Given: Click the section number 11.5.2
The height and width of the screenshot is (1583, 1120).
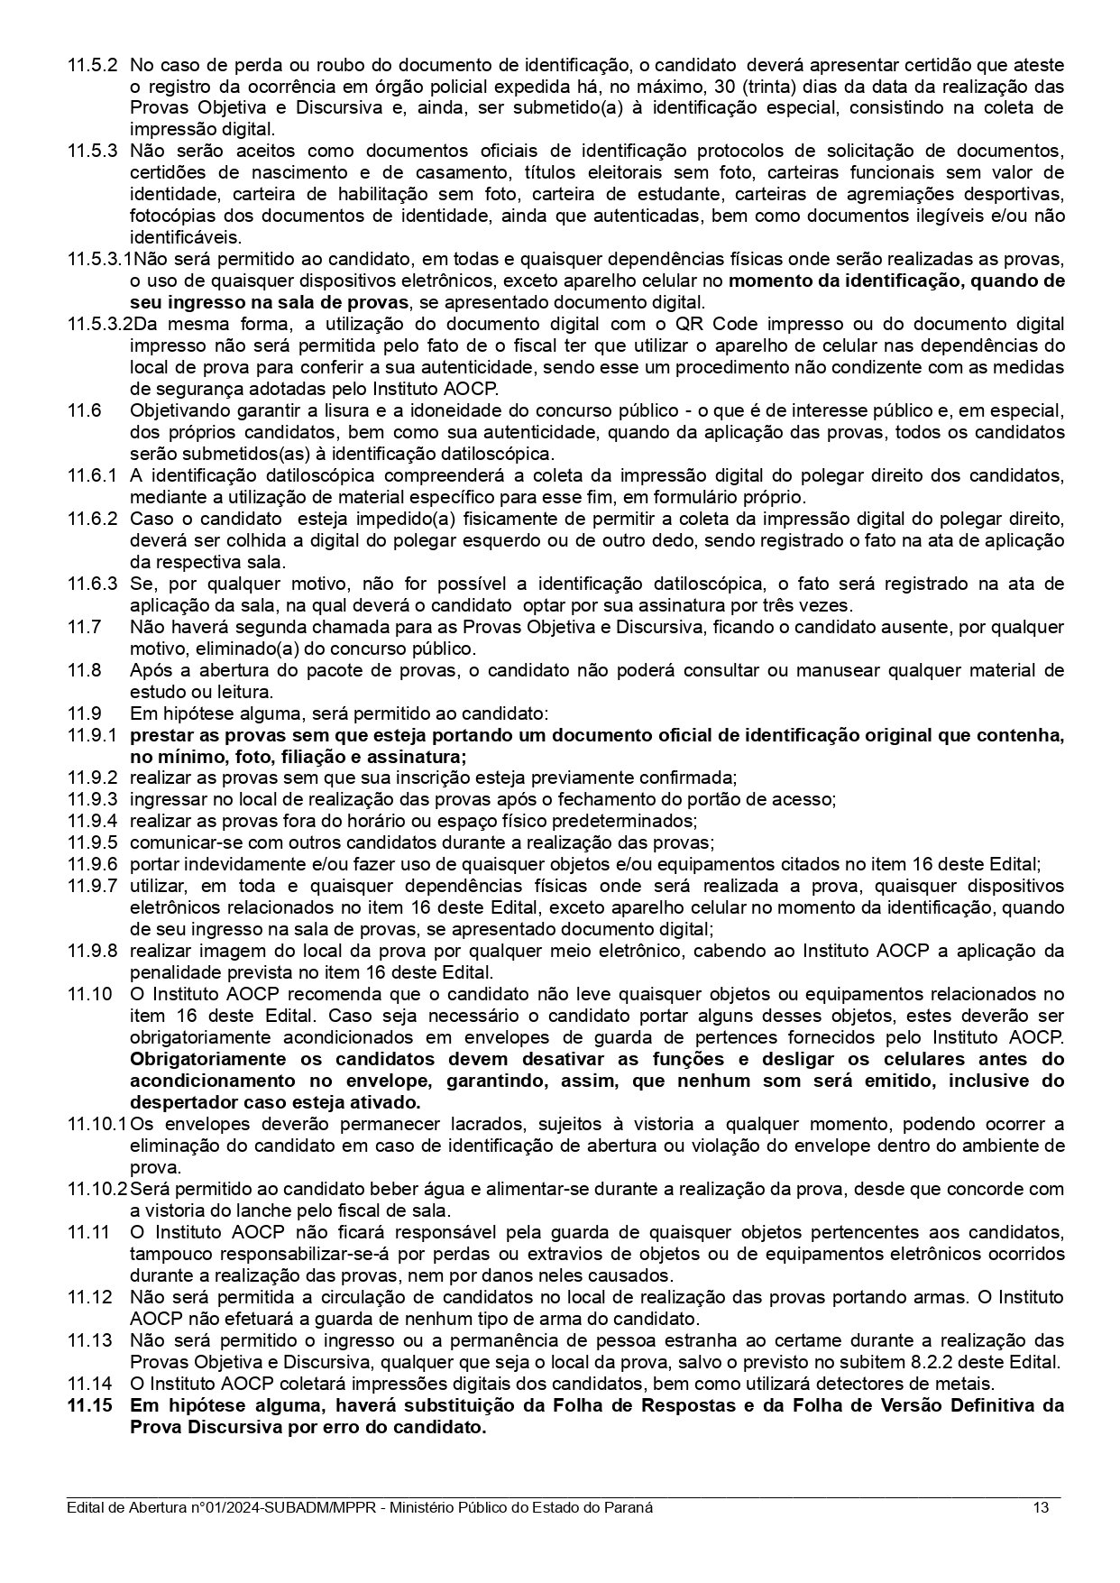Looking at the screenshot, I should point(92,65).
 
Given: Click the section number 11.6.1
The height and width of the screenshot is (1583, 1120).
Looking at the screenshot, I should point(92,475).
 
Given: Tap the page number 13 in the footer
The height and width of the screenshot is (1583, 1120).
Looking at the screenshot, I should point(1041,1508).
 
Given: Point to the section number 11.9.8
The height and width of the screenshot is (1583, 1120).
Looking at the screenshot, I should point(92,951).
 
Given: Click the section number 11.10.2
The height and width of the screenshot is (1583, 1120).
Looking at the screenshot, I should point(97,1189).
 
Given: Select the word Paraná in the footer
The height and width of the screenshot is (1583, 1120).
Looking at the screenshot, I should point(628,1508).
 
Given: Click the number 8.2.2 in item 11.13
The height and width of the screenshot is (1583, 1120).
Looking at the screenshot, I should point(948,1362).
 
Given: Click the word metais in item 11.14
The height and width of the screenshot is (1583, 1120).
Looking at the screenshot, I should point(969,1384).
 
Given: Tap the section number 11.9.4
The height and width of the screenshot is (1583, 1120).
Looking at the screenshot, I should point(92,821).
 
